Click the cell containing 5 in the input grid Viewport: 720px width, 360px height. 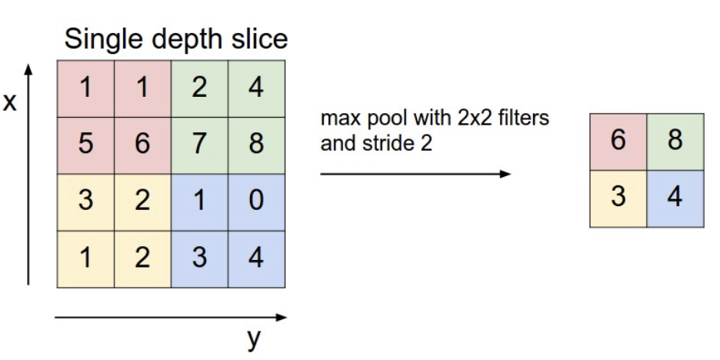(85, 145)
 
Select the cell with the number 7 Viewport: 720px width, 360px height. (199, 145)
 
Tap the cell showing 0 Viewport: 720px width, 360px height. (257, 202)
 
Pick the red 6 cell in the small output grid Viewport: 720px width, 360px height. (618, 142)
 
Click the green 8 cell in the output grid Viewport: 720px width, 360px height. (675, 142)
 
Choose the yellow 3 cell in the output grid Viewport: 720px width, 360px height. (618, 198)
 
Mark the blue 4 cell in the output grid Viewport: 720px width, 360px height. (675, 198)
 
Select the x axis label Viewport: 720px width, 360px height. (10, 103)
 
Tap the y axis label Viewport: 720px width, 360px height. (253, 339)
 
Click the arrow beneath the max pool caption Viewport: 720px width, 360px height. (415, 174)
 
